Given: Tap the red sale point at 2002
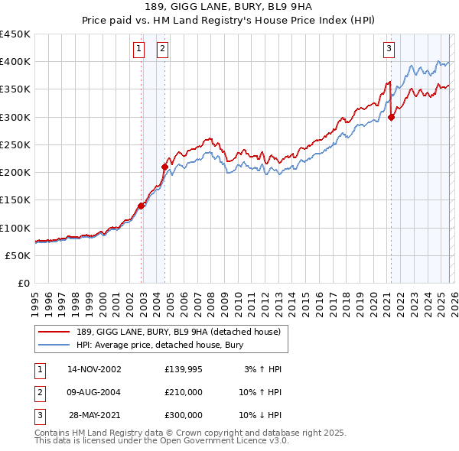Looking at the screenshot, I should tap(142, 206).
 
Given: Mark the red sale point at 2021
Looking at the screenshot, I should tap(392, 117).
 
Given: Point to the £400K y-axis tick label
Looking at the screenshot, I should tap(15, 62).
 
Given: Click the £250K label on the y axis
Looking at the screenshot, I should tap(15, 145).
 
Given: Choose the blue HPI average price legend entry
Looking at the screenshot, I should tap(159, 345).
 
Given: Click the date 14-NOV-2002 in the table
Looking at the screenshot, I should tap(94, 369).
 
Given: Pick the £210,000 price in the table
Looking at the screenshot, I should tap(183, 392).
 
